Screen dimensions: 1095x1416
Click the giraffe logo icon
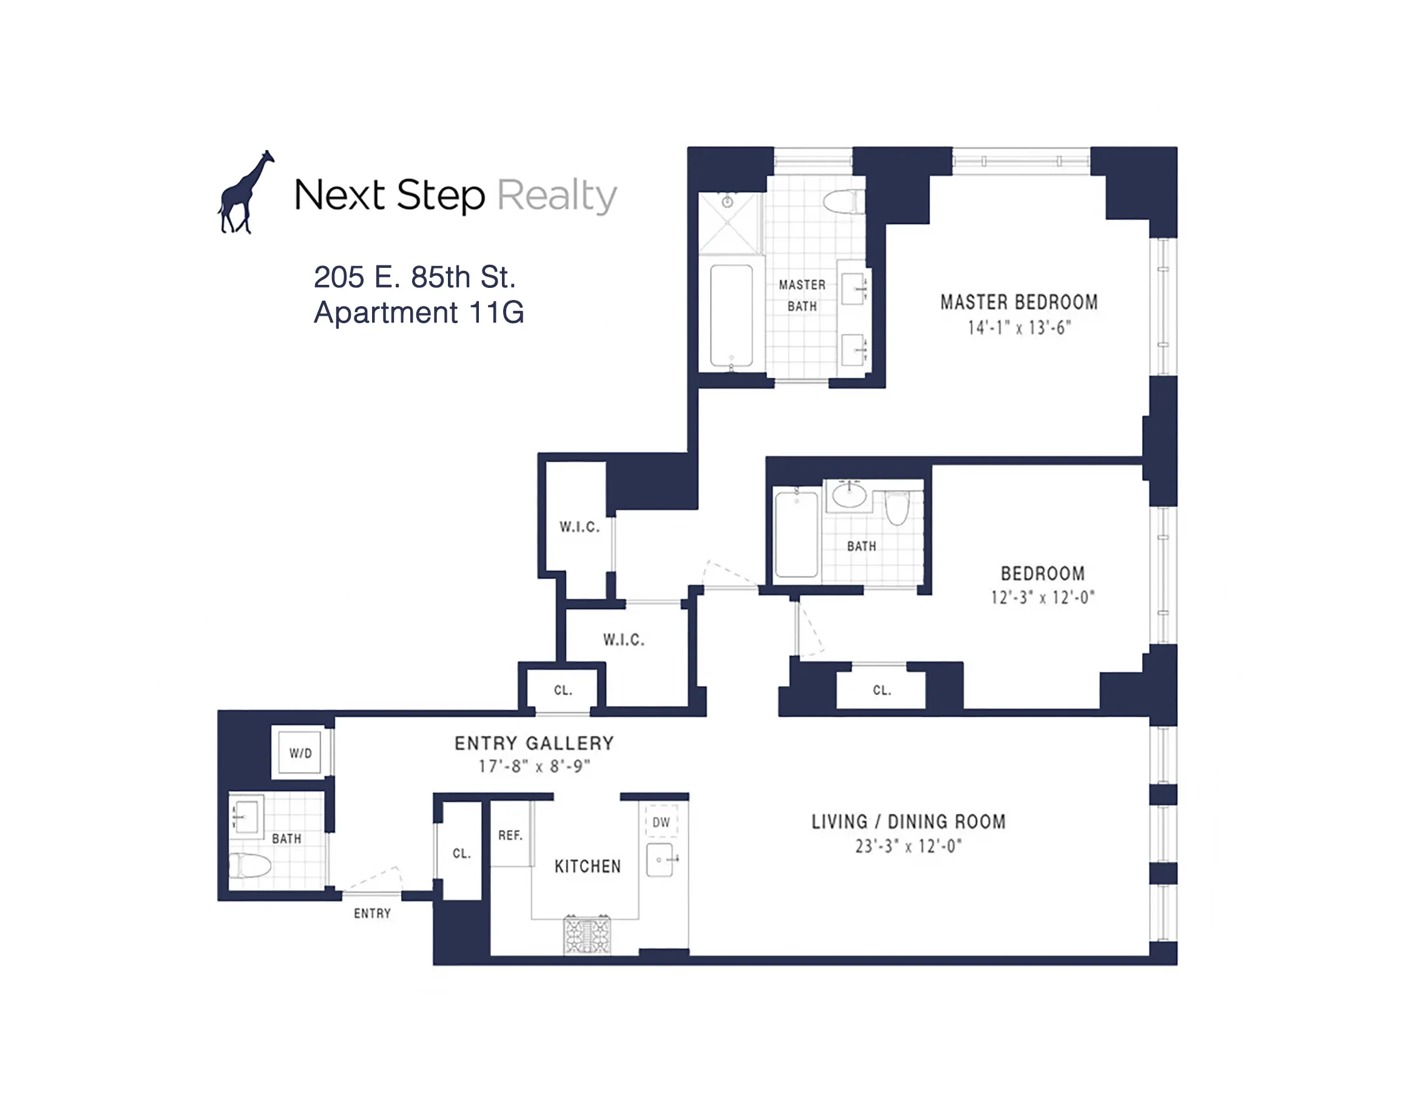(x=245, y=193)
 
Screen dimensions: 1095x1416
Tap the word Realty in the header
(x=557, y=196)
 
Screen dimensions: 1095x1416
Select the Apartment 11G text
(x=419, y=313)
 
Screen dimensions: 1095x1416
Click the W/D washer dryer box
(x=300, y=753)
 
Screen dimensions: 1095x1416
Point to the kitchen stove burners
(x=587, y=935)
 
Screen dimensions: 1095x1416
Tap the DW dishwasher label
(x=661, y=822)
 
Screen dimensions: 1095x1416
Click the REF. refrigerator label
(x=510, y=836)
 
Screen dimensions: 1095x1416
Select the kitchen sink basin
(x=660, y=860)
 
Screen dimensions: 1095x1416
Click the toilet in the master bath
(x=844, y=201)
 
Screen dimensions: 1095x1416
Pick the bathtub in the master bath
(x=731, y=315)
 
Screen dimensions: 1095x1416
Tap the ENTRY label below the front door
(x=372, y=913)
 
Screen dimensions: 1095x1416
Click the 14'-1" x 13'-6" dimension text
(x=1018, y=328)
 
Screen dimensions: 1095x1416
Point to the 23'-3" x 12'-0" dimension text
(x=908, y=847)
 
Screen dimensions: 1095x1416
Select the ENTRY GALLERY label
(x=534, y=743)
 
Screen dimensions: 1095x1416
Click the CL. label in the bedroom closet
(x=882, y=690)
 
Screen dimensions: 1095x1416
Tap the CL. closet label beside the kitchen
(x=462, y=854)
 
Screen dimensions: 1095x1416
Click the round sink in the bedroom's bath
(x=849, y=496)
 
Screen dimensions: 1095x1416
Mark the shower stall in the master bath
(x=729, y=222)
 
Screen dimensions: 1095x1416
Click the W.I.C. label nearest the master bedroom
(x=579, y=527)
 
